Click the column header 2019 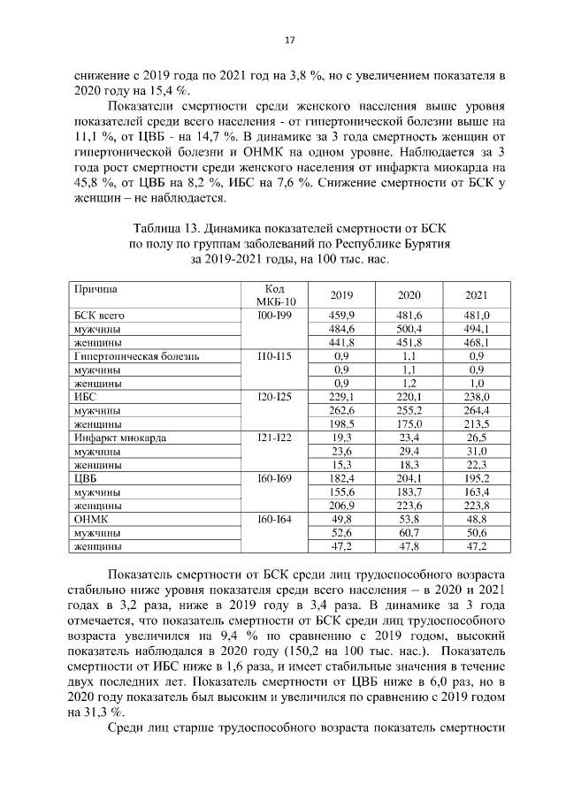pos(341,295)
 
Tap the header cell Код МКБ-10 pos(274,295)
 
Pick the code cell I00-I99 pos(274,316)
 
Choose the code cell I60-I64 pos(274,520)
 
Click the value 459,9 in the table pos(341,316)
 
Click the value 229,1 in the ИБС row pos(341,397)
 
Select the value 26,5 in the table pos(478,438)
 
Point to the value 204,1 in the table pos(409,479)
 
